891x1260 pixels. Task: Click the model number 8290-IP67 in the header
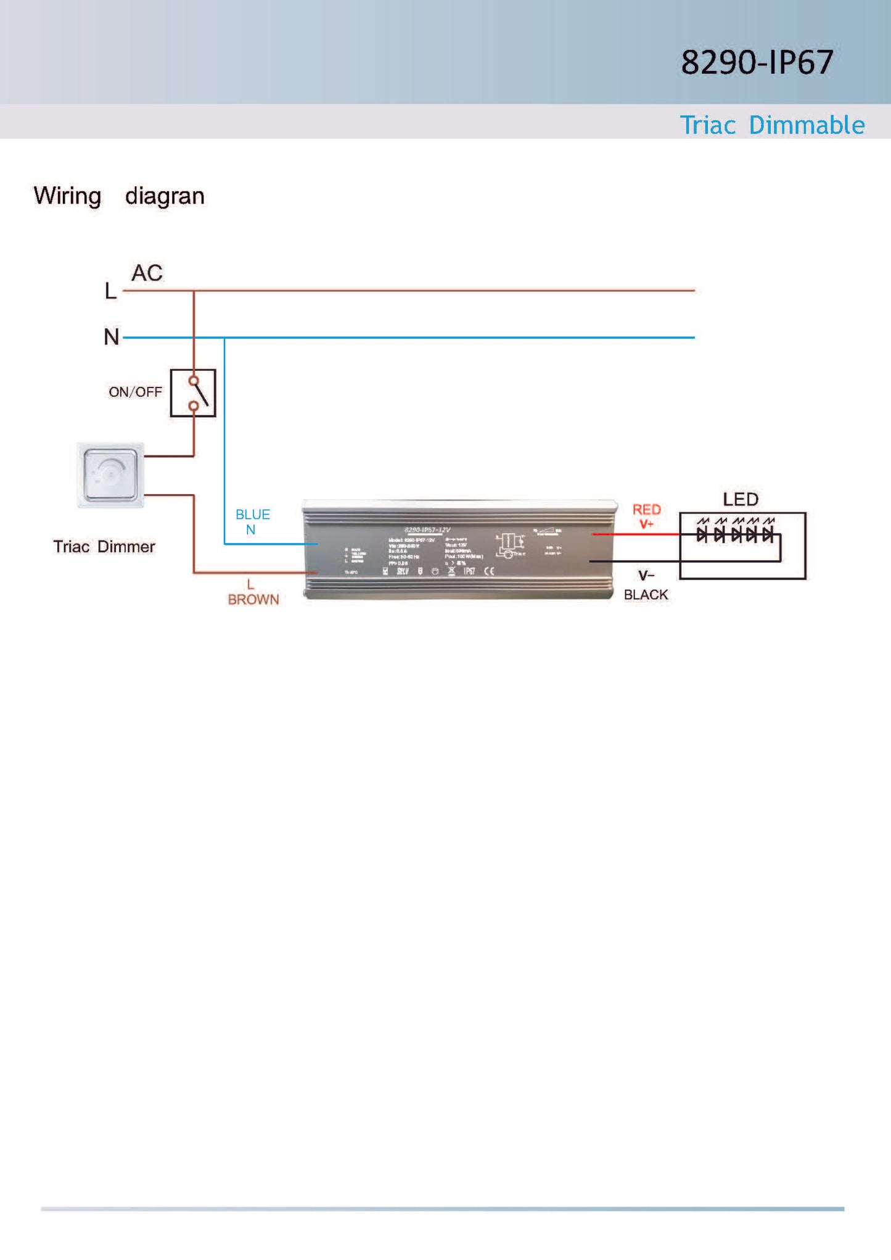tap(757, 62)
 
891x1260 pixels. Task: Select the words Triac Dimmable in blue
tap(772, 125)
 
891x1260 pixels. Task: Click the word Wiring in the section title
tap(67, 196)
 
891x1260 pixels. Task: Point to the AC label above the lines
tap(147, 273)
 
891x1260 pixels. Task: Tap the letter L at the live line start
tap(110, 291)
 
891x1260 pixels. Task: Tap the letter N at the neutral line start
tap(111, 337)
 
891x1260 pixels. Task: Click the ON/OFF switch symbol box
tap(193, 393)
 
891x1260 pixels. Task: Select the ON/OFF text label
tap(135, 392)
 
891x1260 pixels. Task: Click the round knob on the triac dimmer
tap(110, 475)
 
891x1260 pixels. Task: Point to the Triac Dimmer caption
tap(104, 547)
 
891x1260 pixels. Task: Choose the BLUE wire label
tap(252, 515)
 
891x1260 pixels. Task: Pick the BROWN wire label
tap(253, 600)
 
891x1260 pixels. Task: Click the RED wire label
tap(646, 510)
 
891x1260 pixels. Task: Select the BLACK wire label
tap(646, 595)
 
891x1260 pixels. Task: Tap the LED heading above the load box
tap(741, 499)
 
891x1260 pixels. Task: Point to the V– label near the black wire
tap(646, 576)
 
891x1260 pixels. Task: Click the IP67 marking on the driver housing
tap(469, 571)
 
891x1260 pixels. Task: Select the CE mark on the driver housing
tap(489, 571)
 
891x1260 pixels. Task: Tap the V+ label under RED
tap(646, 524)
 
